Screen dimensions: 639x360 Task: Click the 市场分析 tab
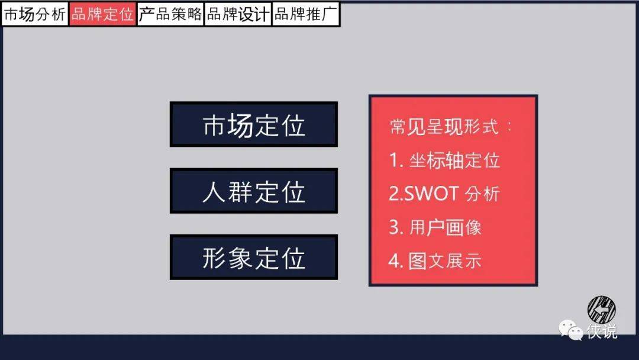35,14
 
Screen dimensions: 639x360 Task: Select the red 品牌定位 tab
102,14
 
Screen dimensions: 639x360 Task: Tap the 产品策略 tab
170,14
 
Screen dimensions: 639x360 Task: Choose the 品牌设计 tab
238,14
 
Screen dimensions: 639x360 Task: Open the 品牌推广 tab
306,14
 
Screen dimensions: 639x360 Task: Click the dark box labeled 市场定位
253,124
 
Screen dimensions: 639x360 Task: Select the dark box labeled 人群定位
253,191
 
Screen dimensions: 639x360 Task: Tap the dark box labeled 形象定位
253,257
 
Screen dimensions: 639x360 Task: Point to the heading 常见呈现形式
444,127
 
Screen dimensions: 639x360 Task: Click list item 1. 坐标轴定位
444,160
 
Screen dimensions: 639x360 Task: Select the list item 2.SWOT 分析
444,194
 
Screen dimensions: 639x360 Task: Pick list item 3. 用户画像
435,227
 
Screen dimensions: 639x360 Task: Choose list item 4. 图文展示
435,261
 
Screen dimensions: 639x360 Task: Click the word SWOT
431,194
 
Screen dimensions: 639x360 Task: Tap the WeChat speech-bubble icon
571,329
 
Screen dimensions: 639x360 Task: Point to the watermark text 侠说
602,330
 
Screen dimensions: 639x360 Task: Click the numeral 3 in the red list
393,227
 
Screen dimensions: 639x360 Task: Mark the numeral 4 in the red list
393,261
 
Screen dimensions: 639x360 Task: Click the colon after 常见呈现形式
509,127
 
